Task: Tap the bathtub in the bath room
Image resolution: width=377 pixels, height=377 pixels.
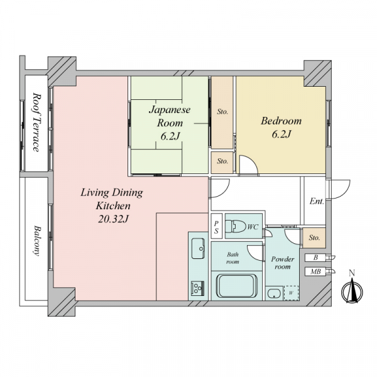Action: [237, 286]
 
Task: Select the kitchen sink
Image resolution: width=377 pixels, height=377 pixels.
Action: [198, 249]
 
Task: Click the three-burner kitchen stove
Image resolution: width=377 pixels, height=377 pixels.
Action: [198, 288]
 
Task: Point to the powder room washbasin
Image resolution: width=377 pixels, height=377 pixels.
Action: [275, 293]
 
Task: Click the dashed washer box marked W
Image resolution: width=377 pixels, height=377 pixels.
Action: [291, 293]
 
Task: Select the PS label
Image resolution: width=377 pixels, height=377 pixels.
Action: [216, 227]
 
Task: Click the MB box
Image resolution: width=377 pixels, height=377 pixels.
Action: [315, 271]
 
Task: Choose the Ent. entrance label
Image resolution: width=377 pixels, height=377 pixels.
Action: [317, 201]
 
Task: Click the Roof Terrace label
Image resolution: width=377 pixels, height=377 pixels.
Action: [36, 122]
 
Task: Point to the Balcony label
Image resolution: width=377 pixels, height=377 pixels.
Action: [36, 241]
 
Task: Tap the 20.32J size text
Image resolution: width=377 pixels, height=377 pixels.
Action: [114, 219]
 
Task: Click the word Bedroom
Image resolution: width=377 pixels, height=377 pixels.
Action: [281, 121]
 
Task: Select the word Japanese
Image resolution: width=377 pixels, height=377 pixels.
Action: [170, 110]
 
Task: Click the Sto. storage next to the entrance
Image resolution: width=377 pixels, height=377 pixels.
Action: [314, 238]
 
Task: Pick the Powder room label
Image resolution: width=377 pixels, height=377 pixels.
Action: [283, 263]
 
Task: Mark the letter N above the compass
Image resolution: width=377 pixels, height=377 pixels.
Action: [352, 273]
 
